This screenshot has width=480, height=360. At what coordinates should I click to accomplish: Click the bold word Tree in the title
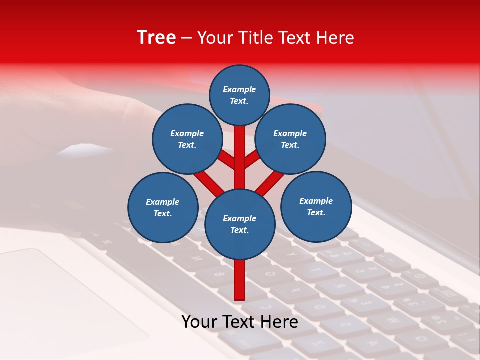point(156,38)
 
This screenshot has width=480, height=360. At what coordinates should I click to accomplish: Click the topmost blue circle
point(239,95)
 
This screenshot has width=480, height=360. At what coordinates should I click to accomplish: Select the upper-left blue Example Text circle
point(187,139)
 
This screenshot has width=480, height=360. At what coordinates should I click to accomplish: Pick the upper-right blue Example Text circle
point(290,139)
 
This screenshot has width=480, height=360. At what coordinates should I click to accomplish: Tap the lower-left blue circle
point(163,207)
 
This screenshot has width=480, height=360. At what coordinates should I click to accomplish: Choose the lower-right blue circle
point(316,206)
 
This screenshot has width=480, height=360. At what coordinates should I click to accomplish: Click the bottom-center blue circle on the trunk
point(240,224)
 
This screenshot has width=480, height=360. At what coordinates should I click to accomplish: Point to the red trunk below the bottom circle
point(240,280)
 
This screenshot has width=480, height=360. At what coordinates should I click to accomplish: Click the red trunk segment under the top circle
point(240,150)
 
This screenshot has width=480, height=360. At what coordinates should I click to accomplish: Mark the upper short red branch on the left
point(226,160)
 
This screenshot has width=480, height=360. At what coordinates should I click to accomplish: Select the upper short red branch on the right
point(252,159)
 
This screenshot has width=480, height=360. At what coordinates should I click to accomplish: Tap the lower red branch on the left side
point(209,182)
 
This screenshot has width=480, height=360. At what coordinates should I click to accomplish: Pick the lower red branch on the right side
point(270,183)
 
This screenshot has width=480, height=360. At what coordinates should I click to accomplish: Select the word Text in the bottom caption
point(240,322)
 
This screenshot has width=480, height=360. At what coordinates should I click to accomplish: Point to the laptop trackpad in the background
point(65,300)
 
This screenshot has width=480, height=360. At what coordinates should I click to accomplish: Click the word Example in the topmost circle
point(239,90)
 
